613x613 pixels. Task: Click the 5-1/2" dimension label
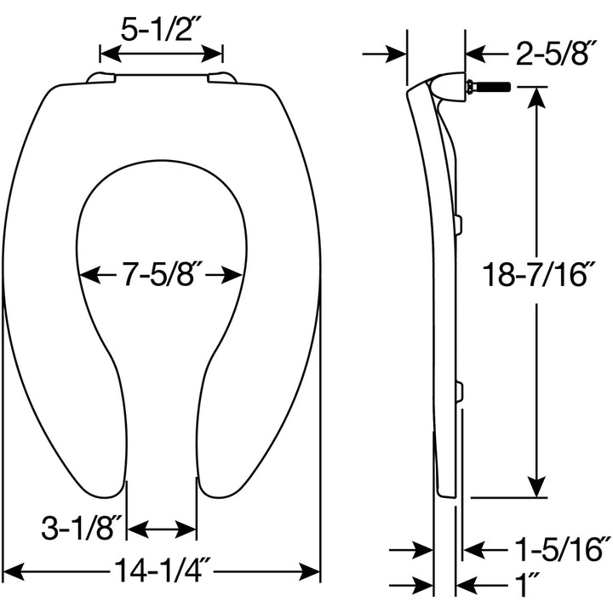point(162,31)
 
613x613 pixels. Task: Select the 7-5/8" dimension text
point(162,275)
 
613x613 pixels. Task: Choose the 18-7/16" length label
point(534,276)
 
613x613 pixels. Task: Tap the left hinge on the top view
point(101,78)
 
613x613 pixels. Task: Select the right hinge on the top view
point(222,78)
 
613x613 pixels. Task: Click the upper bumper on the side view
point(458,224)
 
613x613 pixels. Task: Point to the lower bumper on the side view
point(458,392)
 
